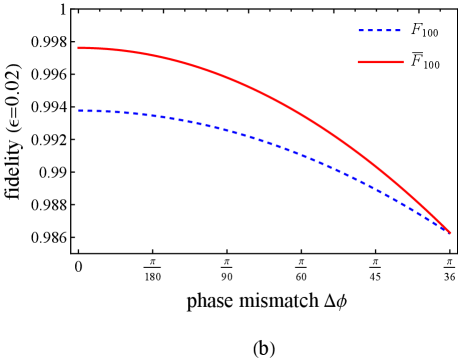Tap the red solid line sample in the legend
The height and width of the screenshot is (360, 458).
tap(380, 62)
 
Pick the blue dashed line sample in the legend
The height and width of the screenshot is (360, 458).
tap(380, 30)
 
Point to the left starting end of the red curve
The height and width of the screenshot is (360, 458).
tap(78, 47)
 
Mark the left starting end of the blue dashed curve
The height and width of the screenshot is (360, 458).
tap(78, 110)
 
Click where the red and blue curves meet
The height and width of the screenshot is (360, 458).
tap(450, 233)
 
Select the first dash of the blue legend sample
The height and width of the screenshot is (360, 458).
tap(361, 30)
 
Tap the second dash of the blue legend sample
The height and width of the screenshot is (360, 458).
tap(370, 30)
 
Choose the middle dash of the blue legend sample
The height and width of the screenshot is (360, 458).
tap(380, 30)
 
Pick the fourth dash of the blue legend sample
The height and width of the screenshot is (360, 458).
tap(389, 30)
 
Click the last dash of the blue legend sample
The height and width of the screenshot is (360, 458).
tap(398, 30)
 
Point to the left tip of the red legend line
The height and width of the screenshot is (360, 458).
tap(358, 62)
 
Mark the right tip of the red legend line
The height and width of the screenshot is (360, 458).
tap(403, 62)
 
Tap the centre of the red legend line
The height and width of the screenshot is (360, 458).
tap(380, 62)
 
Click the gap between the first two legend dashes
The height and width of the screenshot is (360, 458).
tap(366, 30)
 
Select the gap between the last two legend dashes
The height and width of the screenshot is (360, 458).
tap(394, 30)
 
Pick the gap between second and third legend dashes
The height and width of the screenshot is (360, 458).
tap(375, 30)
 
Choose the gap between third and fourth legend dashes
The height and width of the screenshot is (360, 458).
tap(385, 30)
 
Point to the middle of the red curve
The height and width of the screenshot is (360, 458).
tap(264, 94)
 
